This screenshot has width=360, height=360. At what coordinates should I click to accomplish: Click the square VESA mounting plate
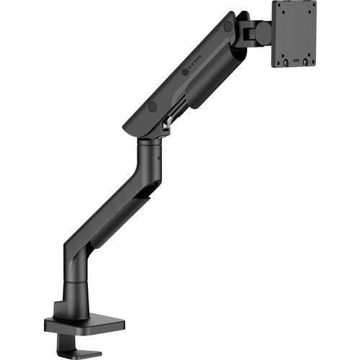(293, 32)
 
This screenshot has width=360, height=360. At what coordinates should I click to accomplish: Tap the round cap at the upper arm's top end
(228, 27)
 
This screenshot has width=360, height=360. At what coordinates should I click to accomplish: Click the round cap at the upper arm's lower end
(153, 106)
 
